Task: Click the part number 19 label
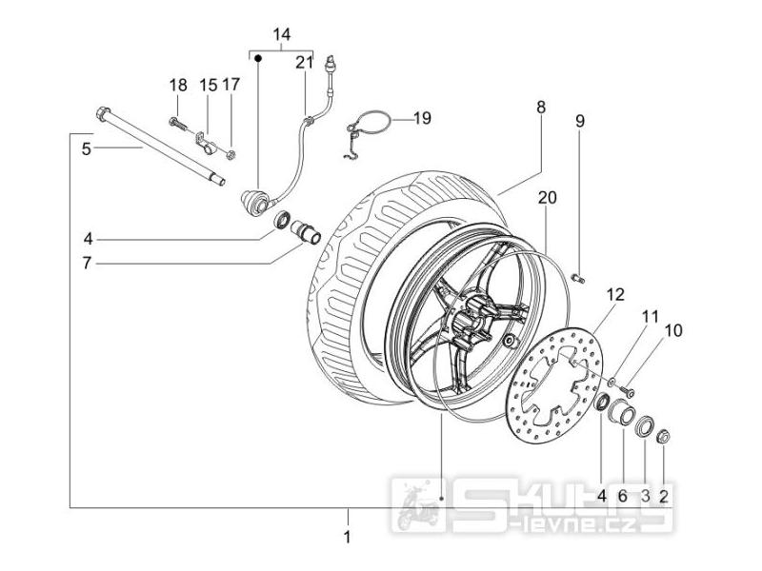(422, 118)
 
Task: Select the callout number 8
(541, 108)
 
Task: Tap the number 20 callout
(547, 198)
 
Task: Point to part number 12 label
(615, 294)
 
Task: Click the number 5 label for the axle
(86, 149)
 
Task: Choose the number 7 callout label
(87, 264)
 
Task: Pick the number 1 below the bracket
(347, 537)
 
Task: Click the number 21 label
(305, 62)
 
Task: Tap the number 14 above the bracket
(282, 34)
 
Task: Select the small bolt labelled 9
(580, 278)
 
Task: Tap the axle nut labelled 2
(663, 437)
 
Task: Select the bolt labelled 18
(178, 124)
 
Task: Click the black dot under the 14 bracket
(258, 59)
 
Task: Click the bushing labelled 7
(306, 231)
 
